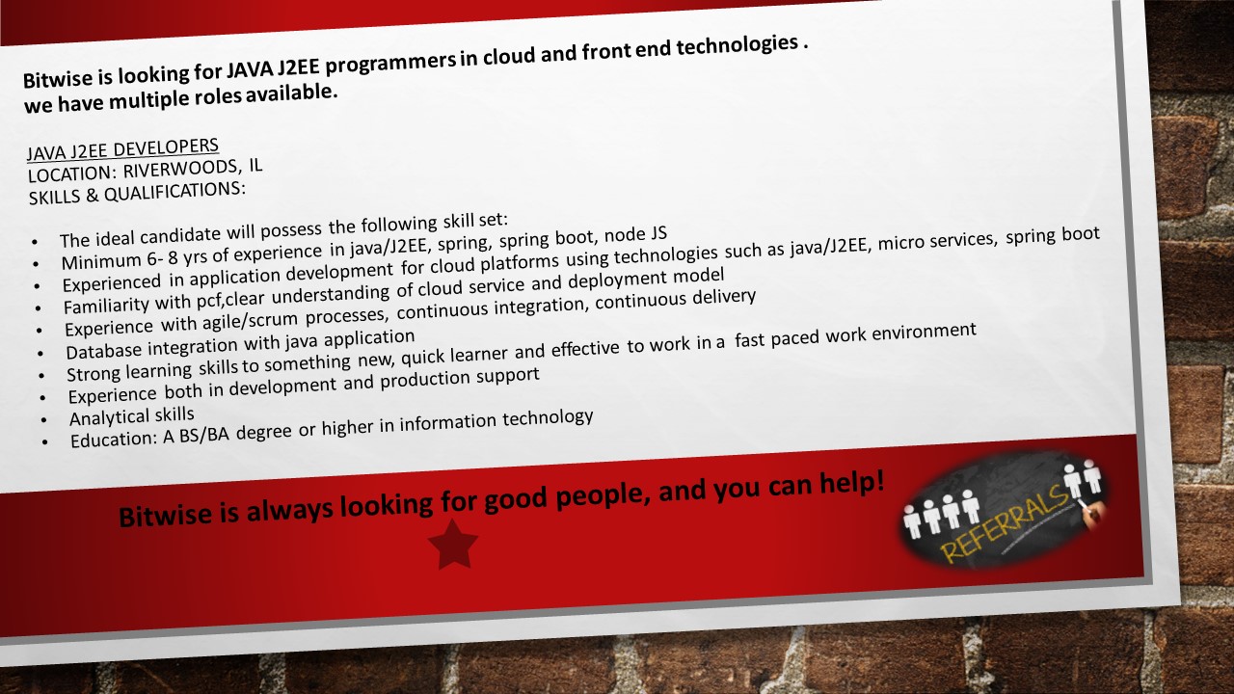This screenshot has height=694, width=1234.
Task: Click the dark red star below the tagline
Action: pos(453,545)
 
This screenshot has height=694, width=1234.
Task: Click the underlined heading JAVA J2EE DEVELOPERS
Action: pos(122,149)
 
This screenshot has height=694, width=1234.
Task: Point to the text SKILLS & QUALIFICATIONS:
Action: pos(137,194)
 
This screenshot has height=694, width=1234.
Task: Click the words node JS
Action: pos(635,235)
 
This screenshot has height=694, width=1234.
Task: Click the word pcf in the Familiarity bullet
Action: pos(209,301)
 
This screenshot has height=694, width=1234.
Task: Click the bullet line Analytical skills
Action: pos(132,416)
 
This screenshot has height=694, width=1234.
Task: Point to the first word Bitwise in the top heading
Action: pos(58,79)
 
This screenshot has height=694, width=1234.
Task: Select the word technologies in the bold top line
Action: pos(738,45)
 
